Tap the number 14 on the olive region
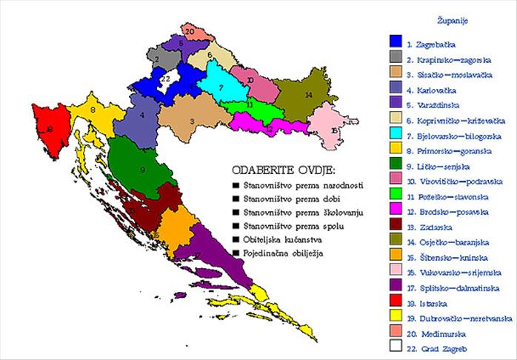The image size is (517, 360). point(308,95)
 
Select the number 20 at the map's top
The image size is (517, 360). point(190,31)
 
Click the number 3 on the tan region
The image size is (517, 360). point(192,120)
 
